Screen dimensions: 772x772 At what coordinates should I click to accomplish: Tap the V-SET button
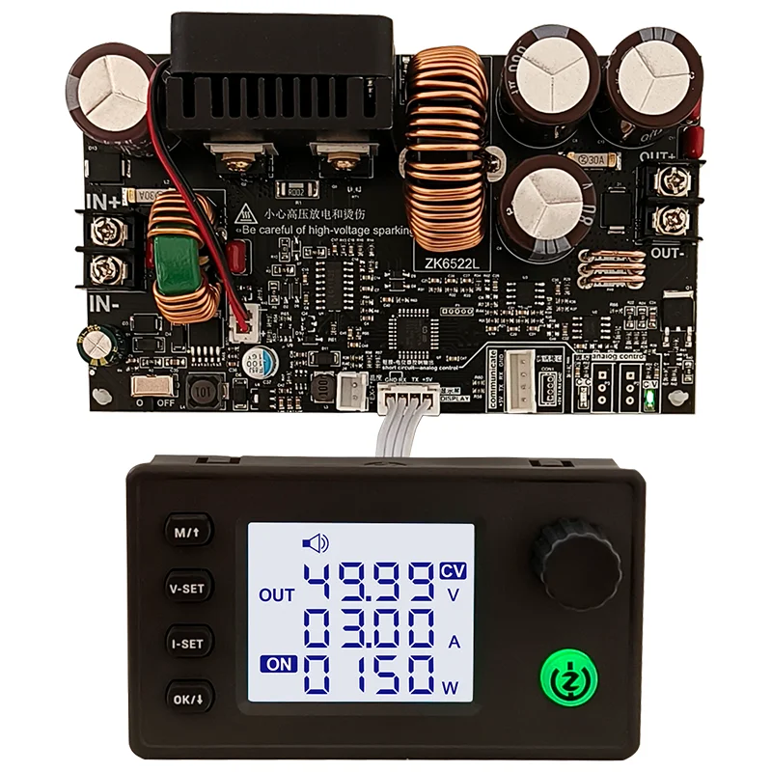click(187, 587)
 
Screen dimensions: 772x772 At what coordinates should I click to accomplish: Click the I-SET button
click(187, 641)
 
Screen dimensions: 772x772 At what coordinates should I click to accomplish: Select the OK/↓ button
click(187, 696)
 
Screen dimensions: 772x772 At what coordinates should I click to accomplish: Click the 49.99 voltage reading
click(367, 589)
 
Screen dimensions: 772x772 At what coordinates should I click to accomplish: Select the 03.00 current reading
click(367, 634)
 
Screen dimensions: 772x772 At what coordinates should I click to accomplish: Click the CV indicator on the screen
click(453, 570)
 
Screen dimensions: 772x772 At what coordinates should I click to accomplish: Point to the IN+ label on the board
click(107, 204)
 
